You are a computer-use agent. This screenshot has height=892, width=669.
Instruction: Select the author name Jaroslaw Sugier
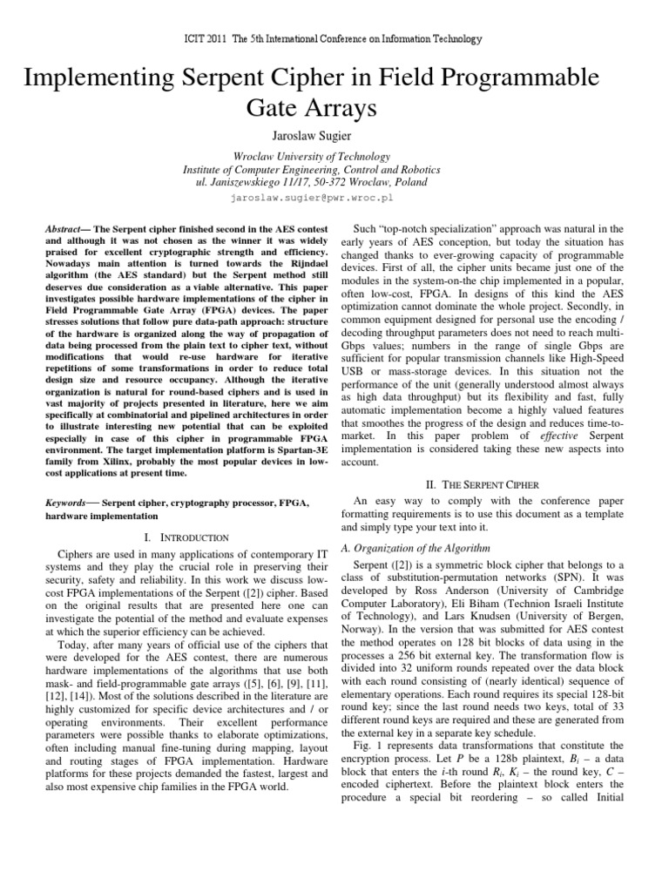(x=334, y=137)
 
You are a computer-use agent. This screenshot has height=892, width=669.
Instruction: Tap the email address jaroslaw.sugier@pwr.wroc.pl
(x=334, y=198)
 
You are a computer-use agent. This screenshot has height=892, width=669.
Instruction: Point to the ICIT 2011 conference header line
(x=334, y=39)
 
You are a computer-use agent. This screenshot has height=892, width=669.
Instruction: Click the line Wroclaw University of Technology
(x=334, y=155)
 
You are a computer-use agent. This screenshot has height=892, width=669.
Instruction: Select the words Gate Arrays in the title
(x=334, y=110)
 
